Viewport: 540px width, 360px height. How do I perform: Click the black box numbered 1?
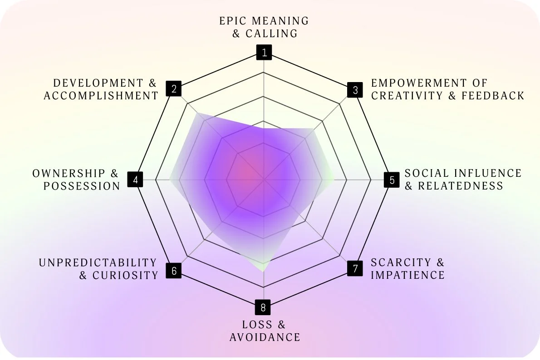(264, 53)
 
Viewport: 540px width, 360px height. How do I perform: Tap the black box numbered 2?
(173, 88)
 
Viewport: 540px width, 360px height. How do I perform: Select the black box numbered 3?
(355, 90)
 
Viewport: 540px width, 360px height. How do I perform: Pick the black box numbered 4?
(135, 180)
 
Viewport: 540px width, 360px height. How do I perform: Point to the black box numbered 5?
(392, 180)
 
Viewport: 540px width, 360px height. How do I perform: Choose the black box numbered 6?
(173, 271)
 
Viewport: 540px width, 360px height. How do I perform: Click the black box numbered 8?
(263, 308)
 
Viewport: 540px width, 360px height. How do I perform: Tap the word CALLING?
(271, 34)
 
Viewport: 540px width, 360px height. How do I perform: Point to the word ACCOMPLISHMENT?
(101, 96)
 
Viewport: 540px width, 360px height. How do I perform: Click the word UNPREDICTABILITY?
(97, 263)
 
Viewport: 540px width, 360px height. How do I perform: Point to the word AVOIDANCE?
(265, 337)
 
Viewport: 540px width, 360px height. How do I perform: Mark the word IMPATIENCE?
(407, 275)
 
